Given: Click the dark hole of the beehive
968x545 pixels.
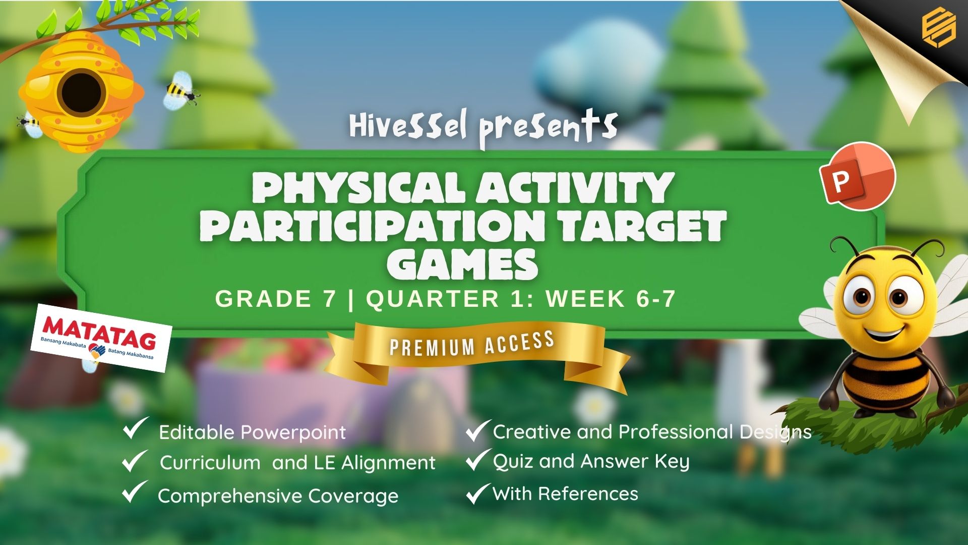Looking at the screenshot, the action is pyautogui.click(x=81, y=93).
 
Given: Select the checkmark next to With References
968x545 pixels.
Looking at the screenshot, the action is pyautogui.click(x=477, y=493).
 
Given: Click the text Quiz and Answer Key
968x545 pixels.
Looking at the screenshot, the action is pyautogui.click(x=591, y=462).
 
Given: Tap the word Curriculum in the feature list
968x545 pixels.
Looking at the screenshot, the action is pyautogui.click(x=210, y=462).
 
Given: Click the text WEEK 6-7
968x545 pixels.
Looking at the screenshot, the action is pyautogui.click(x=611, y=299).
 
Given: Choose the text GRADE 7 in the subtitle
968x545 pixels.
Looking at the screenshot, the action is pyautogui.click(x=275, y=299).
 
